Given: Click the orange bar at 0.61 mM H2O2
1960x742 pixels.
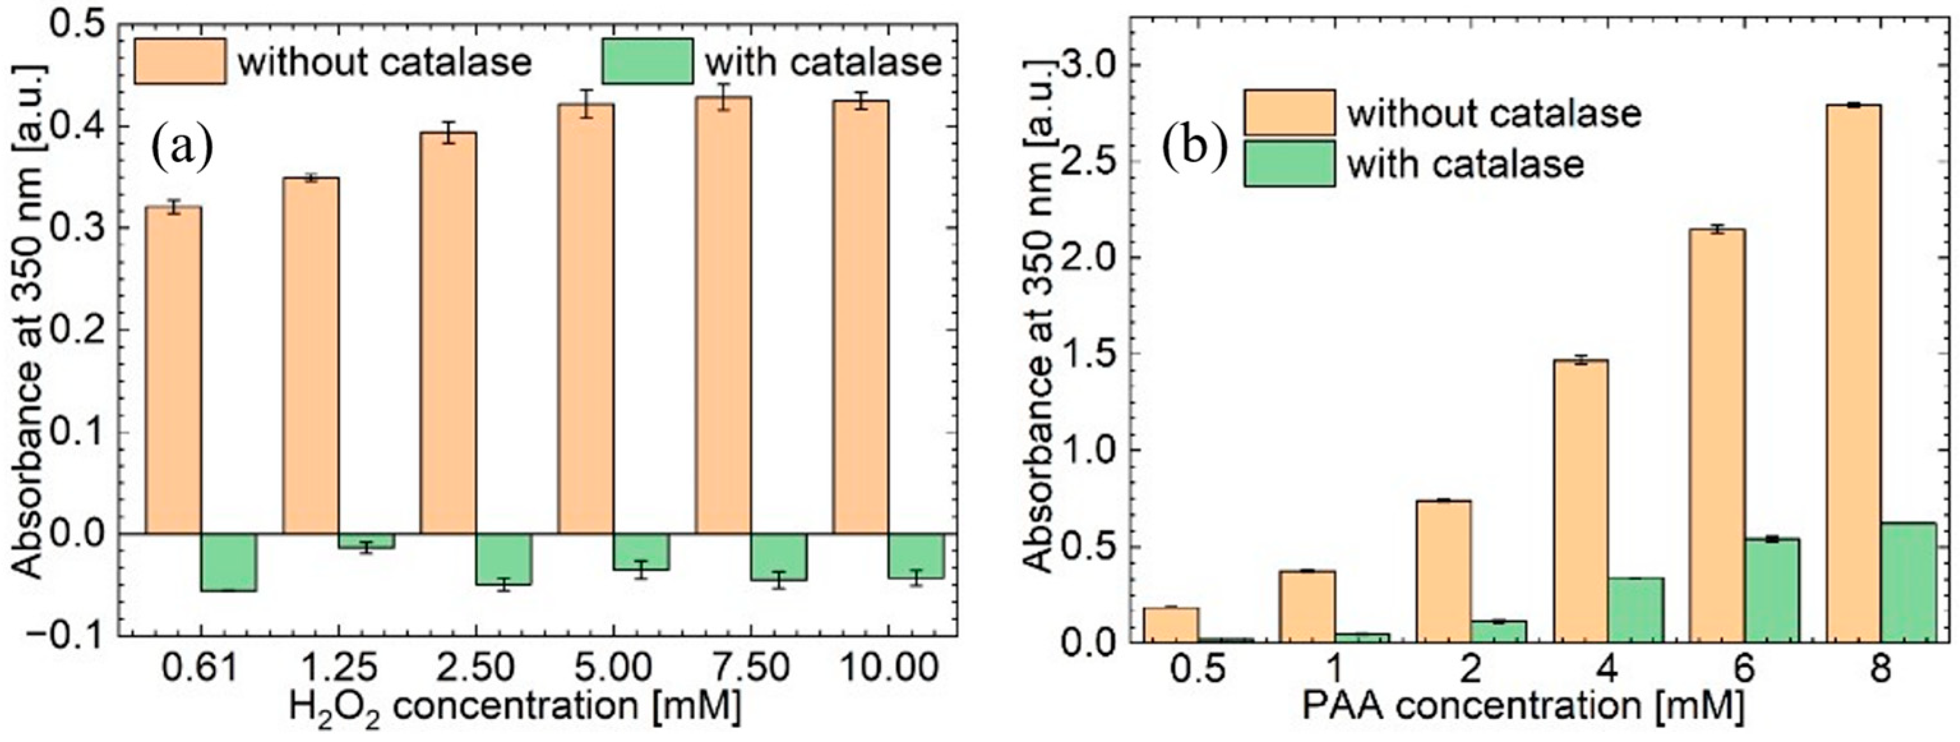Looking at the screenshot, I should (x=174, y=369).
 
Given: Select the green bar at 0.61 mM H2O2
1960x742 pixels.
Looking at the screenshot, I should (x=229, y=561).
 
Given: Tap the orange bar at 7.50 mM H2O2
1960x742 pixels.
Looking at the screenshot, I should (x=723, y=316).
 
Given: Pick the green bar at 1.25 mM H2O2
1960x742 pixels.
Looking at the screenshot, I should (x=366, y=541).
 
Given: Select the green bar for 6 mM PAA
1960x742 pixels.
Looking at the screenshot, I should (x=1771, y=591).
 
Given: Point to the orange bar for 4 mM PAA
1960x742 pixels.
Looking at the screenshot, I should (x=1580, y=501).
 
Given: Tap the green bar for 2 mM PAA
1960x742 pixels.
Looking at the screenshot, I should (x=1498, y=631).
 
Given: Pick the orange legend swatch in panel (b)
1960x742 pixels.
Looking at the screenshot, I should (x=1289, y=113).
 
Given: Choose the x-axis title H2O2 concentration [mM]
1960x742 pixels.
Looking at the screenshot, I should (x=514, y=707).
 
